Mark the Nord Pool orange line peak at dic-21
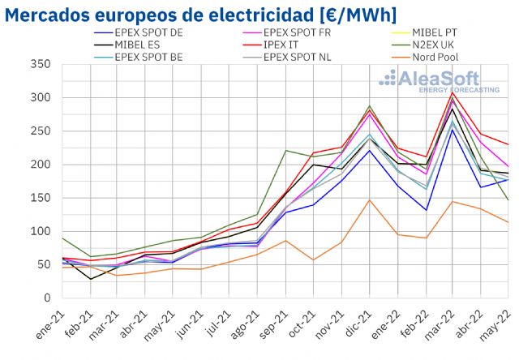click(369, 200)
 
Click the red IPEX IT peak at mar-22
click(453, 92)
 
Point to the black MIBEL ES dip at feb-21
click(91, 279)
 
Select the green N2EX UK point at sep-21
click(285, 151)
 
